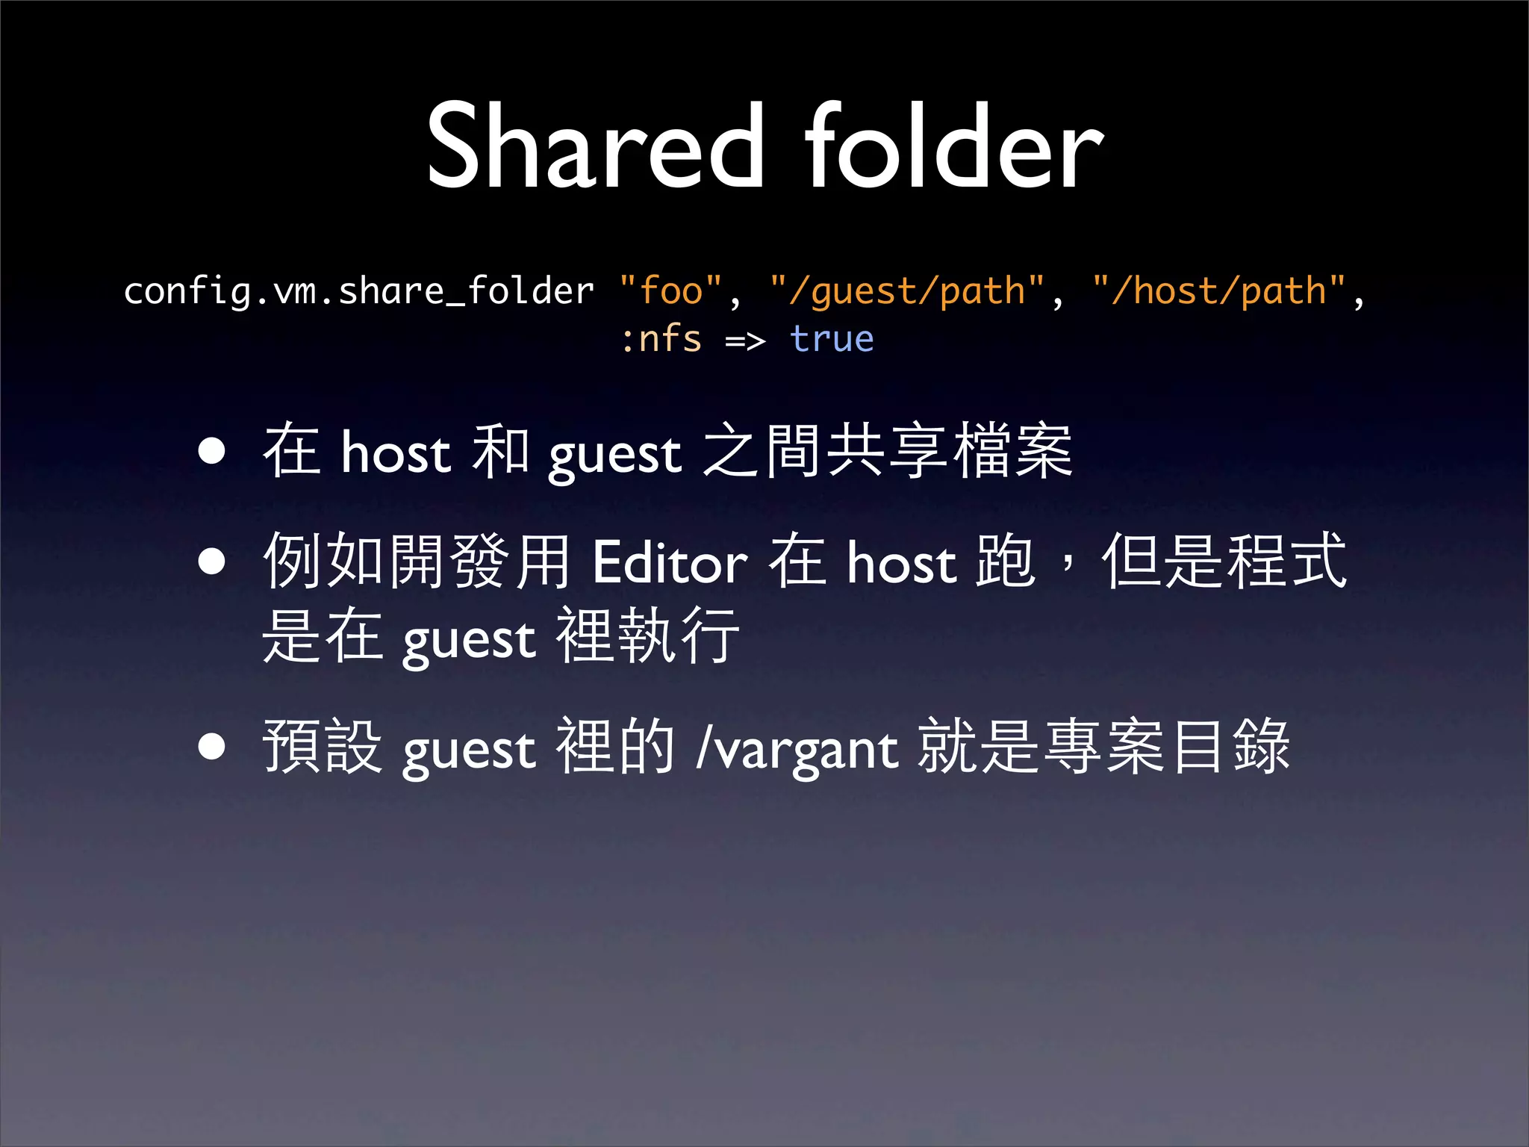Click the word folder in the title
click(x=953, y=146)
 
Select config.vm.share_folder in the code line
click(x=358, y=290)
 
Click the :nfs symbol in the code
click(x=661, y=340)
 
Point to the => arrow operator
click(x=745, y=341)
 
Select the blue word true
click(x=832, y=340)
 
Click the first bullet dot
click(x=212, y=451)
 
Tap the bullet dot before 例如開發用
click(x=212, y=562)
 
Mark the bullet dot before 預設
click(x=212, y=746)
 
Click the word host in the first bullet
click(x=396, y=452)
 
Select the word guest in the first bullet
click(x=615, y=454)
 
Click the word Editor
click(x=669, y=562)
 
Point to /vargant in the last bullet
click(x=797, y=748)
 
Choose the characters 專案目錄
click(x=1166, y=746)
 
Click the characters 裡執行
click(x=648, y=635)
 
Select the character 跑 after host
click(x=1005, y=561)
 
